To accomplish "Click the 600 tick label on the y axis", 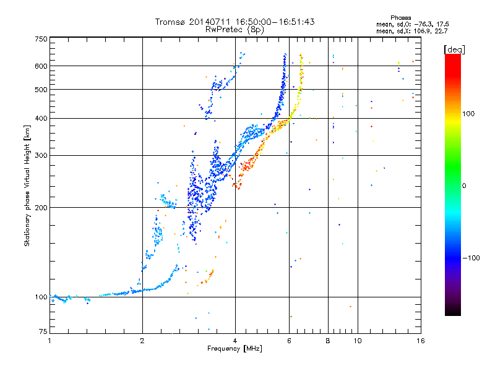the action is pyautogui.click(x=41, y=66).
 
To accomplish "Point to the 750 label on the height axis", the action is pyautogui.click(x=41, y=39).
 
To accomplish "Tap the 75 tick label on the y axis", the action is pyautogui.click(x=43, y=331).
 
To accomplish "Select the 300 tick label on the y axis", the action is pyautogui.click(x=41, y=156).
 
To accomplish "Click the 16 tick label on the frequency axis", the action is pyautogui.click(x=421, y=341).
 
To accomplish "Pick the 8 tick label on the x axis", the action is pyautogui.click(x=328, y=341).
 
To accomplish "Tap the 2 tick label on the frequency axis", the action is pyautogui.click(x=142, y=341).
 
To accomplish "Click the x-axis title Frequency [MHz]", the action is pyautogui.click(x=235, y=349).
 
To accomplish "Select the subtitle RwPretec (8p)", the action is pyautogui.click(x=235, y=29).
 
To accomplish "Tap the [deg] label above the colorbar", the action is pyautogui.click(x=454, y=49).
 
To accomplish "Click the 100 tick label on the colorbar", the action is pyautogui.click(x=468, y=114).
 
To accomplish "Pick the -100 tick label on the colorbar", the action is pyautogui.click(x=471, y=258).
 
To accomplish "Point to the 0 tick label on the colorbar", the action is pyautogui.click(x=464, y=186).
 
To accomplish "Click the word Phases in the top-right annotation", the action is pyautogui.click(x=400, y=18).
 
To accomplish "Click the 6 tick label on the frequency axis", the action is pyautogui.click(x=289, y=341).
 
